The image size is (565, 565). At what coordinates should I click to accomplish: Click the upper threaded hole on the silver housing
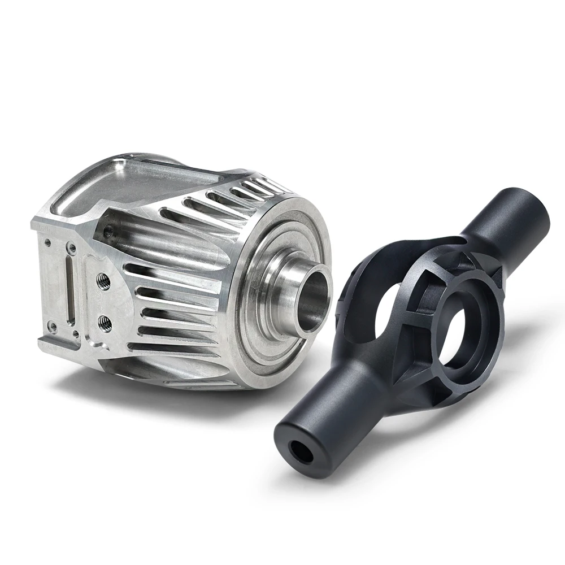(103, 281)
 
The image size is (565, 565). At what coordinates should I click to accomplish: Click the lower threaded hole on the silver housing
(105, 323)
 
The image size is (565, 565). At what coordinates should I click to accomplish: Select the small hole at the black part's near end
(297, 450)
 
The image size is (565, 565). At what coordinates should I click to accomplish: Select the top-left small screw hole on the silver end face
(49, 242)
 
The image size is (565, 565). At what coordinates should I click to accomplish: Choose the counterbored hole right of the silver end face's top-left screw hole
(71, 247)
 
